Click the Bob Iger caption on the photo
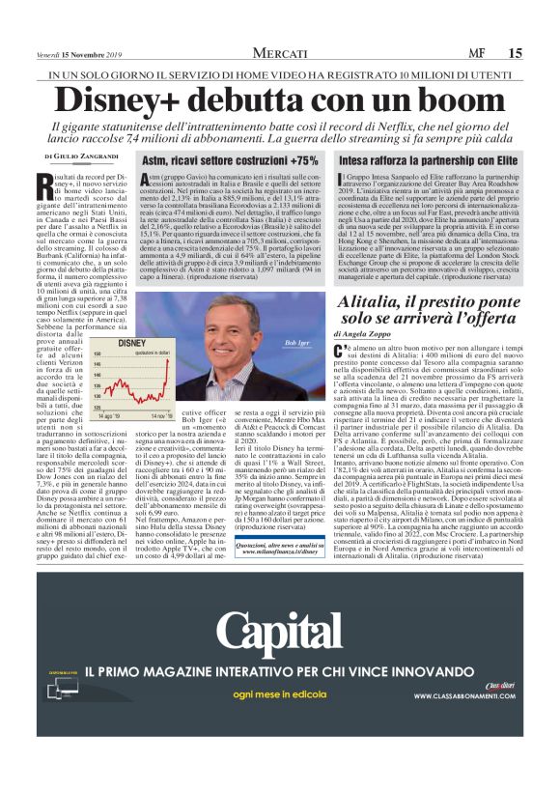coord(296,343)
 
